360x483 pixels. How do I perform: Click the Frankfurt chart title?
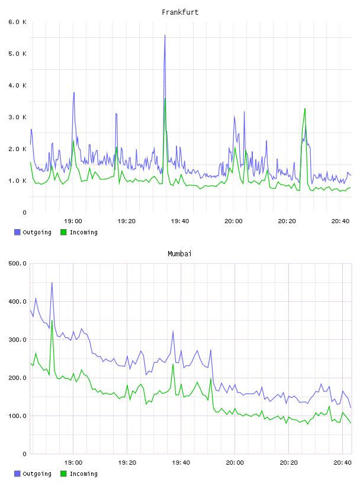[x=180, y=12]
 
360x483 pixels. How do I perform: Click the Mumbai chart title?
[x=179, y=253]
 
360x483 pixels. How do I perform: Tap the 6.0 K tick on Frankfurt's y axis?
[x=18, y=22]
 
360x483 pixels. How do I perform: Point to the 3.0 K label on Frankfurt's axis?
[x=18, y=117]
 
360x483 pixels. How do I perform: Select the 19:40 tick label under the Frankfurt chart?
[x=180, y=221]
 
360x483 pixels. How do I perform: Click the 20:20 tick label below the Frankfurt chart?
[x=287, y=221]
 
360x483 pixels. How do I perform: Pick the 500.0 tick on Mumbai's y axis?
[x=18, y=263]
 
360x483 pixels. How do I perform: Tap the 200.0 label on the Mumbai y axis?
[x=18, y=378]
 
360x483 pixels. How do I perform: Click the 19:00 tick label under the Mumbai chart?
[x=73, y=462]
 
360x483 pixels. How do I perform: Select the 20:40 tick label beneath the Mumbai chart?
[x=342, y=462]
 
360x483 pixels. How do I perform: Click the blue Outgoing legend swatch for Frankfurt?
[x=17, y=232]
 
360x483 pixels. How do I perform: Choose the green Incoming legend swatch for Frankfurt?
[x=63, y=232]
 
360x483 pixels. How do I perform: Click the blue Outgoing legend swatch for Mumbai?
[x=17, y=474]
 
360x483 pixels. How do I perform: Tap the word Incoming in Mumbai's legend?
[x=83, y=474]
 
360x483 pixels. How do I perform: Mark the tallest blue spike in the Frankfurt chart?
[x=165, y=36]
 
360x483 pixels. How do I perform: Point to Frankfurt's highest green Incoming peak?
[x=165, y=99]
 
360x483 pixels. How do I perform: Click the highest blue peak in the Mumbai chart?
[x=52, y=283]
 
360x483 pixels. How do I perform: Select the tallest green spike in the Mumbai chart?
[x=52, y=321]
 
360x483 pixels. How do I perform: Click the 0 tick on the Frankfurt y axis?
[x=25, y=212]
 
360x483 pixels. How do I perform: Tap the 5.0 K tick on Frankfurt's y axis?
[x=18, y=54]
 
